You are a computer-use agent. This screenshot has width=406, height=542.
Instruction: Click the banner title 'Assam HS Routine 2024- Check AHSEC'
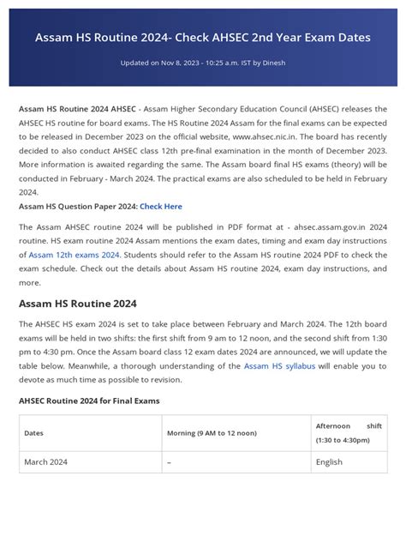pos(202,38)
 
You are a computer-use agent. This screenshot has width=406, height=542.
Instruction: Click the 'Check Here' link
pos(161,207)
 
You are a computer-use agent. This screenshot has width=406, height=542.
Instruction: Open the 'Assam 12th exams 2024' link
pos(74,256)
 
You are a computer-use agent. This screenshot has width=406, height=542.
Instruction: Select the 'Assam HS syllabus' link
pos(279,366)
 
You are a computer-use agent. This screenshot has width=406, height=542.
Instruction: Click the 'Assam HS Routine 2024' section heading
pos(78,304)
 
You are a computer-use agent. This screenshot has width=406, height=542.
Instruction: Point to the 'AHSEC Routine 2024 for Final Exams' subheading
pos(89,400)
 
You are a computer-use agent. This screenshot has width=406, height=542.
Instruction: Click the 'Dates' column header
pos(34,433)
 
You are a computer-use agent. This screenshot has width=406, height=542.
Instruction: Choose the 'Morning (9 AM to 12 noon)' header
pos(212,433)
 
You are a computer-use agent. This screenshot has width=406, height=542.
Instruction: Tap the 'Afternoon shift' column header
pos(349,425)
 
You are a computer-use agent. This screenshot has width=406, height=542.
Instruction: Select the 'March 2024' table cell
pos(46,462)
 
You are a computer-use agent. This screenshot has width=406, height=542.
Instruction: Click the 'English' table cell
pos(329,462)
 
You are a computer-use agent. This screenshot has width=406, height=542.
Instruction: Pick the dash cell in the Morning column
pos(170,462)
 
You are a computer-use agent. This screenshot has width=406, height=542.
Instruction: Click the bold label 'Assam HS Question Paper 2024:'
pos(78,207)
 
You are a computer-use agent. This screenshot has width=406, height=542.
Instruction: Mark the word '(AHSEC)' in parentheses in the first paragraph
pos(311,111)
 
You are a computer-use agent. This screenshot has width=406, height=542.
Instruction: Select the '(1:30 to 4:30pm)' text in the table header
pos(343,440)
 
